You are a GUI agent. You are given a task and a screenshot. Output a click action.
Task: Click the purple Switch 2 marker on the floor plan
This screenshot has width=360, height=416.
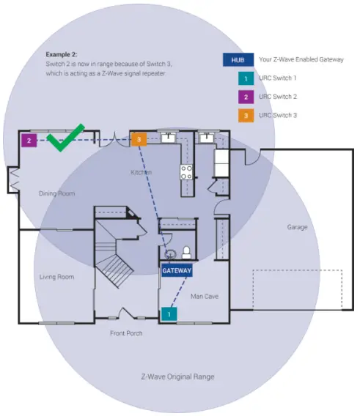click(x=29, y=139)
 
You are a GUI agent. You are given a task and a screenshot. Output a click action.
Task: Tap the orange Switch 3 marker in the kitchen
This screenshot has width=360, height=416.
click(x=139, y=139)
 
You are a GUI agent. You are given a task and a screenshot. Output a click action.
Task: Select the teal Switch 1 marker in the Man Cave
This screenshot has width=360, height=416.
click(x=169, y=313)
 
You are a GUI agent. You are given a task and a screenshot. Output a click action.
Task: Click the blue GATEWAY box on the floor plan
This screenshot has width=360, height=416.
click(x=177, y=270)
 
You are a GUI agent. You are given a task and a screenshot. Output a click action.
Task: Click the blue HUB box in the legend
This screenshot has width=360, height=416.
click(x=236, y=59)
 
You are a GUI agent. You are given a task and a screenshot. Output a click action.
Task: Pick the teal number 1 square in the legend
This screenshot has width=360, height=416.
click(x=243, y=78)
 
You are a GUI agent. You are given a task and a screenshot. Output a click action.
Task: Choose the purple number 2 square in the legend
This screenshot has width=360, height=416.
click(x=243, y=96)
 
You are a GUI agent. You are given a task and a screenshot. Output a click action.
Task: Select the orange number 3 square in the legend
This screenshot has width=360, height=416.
click(x=243, y=115)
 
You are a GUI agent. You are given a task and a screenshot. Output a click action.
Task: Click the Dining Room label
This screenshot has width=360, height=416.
click(x=57, y=193)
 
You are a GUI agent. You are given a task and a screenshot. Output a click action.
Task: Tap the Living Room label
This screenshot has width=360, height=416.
click(x=56, y=277)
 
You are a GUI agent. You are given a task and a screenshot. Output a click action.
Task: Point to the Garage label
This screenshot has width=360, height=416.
click(x=297, y=227)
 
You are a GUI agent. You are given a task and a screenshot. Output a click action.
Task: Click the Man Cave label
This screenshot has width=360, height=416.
click(x=205, y=297)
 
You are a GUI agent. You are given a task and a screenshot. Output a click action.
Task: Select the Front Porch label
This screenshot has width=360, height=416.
click(x=126, y=333)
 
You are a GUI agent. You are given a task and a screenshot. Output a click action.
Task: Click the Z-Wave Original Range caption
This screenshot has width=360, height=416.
click(x=178, y=376)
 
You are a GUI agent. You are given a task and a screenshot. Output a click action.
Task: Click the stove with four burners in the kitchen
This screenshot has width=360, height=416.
click(x=186, y=172)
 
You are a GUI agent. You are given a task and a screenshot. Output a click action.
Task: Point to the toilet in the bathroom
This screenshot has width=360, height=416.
click(x=185, y=252)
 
